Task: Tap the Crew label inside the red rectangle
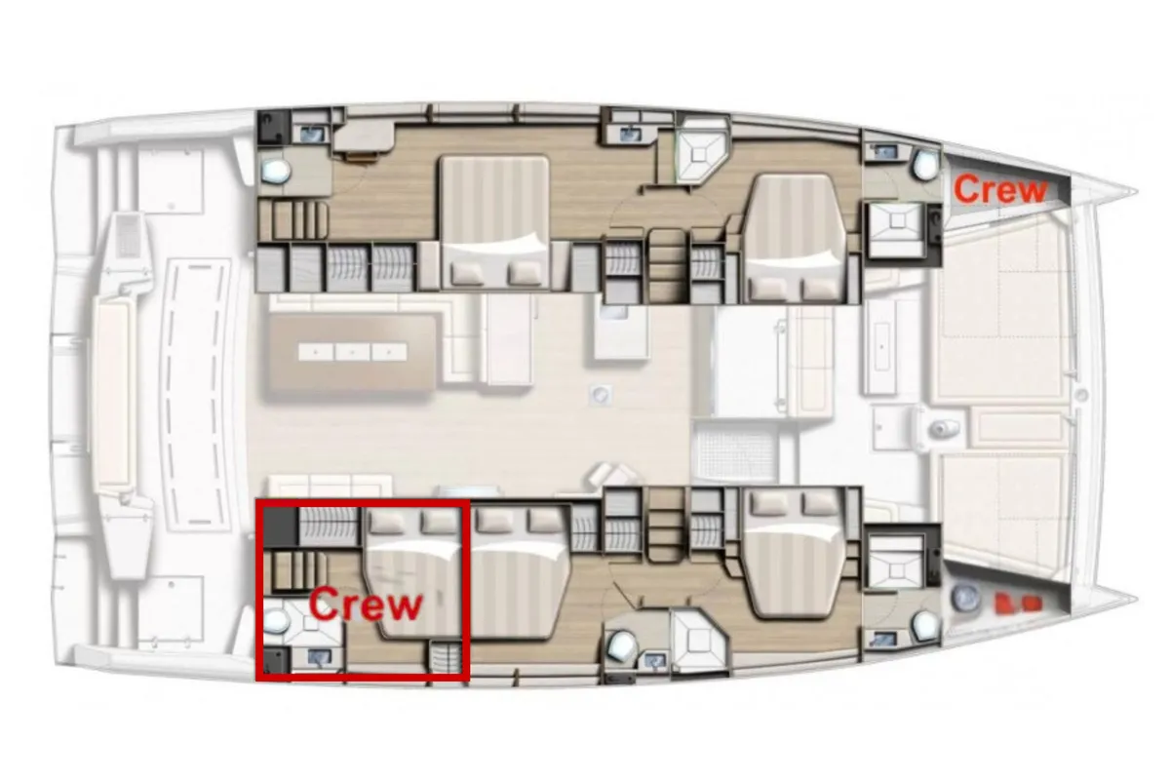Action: pyautogui.click(x=365, y=604)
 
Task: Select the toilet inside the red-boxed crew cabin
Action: pyautogui.click(x=276, y=621)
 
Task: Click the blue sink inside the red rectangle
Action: pyautogui.click(x=319, y=657)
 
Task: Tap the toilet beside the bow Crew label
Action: pyautogui.click(x=925, y=165)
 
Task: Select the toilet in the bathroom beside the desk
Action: pyautogui.click(x=276, y=171)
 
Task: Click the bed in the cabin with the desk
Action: pyautogui.click(x=494, y=222)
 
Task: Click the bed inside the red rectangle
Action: pyautogui.click(x=412, y=574)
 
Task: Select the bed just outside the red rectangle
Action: pyautogui.click(x=519, y=573)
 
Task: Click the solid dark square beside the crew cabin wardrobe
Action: pyautogui.click(x=281, y=527)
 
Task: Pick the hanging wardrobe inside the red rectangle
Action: pyautogui.click(x=330, y=527)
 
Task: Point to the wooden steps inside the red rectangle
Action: pyautogui.click(x=294, y=572)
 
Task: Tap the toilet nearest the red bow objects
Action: pyautogui.click(x=925, y=623)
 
